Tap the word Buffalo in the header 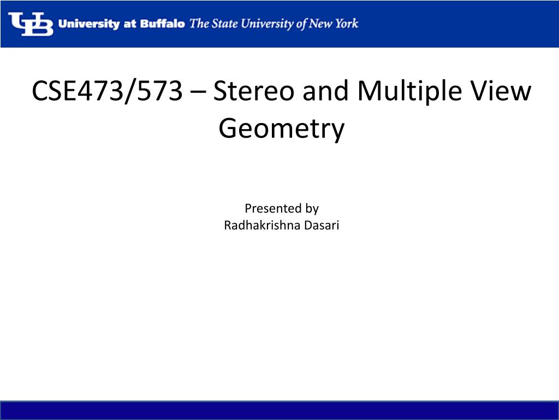pyautogui.click(x=163, y=24)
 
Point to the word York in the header pyautogui.click(x=344, y=24)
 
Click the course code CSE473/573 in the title pyautogui.click(x=107, y=91)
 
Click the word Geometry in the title pyautogui.click(x=282, y=130)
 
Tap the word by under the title pyautogui.click(x=312, y=209)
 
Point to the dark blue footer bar pyautogui.click(x=279, y=410)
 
